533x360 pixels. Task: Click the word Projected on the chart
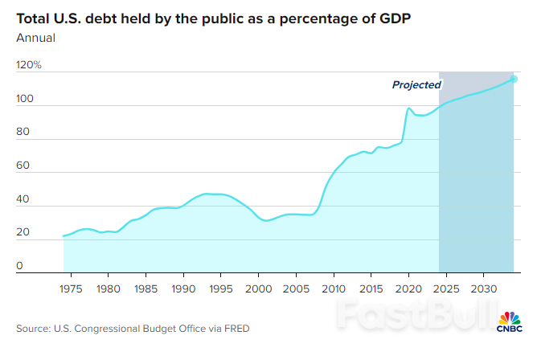point(416,84)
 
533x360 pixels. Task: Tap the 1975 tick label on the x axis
point(71,287)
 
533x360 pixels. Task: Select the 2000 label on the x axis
point(258,287)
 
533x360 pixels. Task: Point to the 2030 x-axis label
point(483,287)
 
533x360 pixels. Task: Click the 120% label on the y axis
point(28,65)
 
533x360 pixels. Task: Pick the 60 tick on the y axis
point(22,166)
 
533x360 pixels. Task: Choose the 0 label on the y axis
point(19,267)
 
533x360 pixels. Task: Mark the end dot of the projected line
point(514,79)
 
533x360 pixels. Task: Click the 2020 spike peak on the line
point(409,108)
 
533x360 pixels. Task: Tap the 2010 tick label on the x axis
point(333,287)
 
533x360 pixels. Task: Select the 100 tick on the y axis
point(25,99)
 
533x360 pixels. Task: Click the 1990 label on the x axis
point(183,287)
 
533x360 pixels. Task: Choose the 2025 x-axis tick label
point(445,287)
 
